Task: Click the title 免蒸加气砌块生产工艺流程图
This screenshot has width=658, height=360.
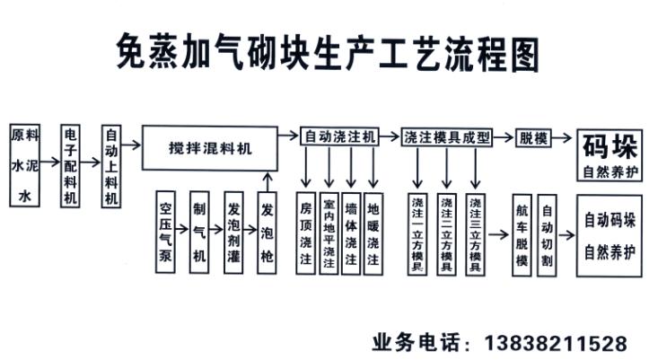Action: [329, 52]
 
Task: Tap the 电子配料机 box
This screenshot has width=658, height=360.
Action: [72, 165]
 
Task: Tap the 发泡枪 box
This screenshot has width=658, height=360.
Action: [267, 232]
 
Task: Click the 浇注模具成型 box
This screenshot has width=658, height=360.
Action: [447, 136]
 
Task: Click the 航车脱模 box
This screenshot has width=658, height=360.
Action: [522, 235]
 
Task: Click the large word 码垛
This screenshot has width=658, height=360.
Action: [610, 145]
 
